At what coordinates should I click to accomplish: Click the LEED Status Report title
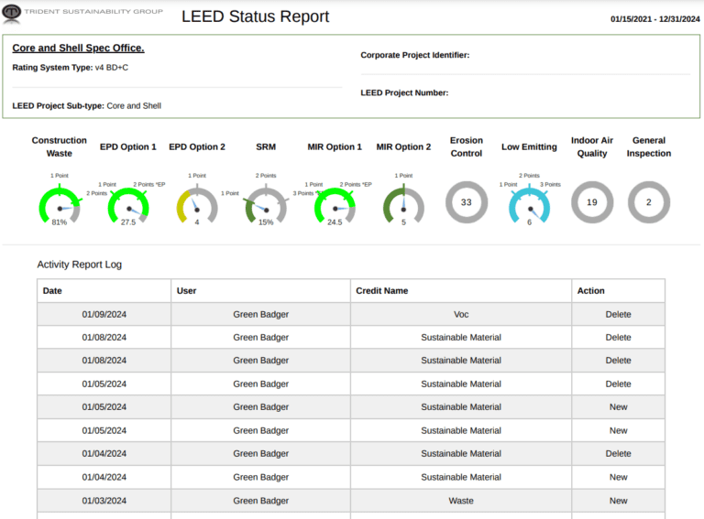tap(255, 16)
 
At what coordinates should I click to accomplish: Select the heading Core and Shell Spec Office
tap(78, 48)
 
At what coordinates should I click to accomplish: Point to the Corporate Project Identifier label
tap(414, 55)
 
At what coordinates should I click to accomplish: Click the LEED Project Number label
tap(404, 92)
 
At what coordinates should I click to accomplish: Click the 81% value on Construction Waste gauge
tap(60, 222)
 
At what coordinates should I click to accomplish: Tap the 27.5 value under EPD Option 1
tap(128, 222)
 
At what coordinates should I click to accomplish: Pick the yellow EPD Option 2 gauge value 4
tap(196, 222)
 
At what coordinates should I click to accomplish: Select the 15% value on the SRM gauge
tap(266, 222)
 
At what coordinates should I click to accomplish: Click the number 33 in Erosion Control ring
tap(467, 202)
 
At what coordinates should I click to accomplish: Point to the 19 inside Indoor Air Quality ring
tap(592, 202)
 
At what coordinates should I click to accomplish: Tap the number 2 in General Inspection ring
tap(649, 202)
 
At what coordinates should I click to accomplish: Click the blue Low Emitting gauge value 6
tap(529, 222)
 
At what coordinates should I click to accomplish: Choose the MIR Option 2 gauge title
tap(403, 146)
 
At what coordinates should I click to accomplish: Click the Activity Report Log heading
tap(79, 265)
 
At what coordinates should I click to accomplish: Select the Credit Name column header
tap(381, 291)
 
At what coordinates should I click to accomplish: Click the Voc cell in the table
tap(461, 314)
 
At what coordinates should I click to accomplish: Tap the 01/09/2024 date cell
tap(104, 314)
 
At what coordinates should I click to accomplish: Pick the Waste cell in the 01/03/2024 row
tap(461, 501)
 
